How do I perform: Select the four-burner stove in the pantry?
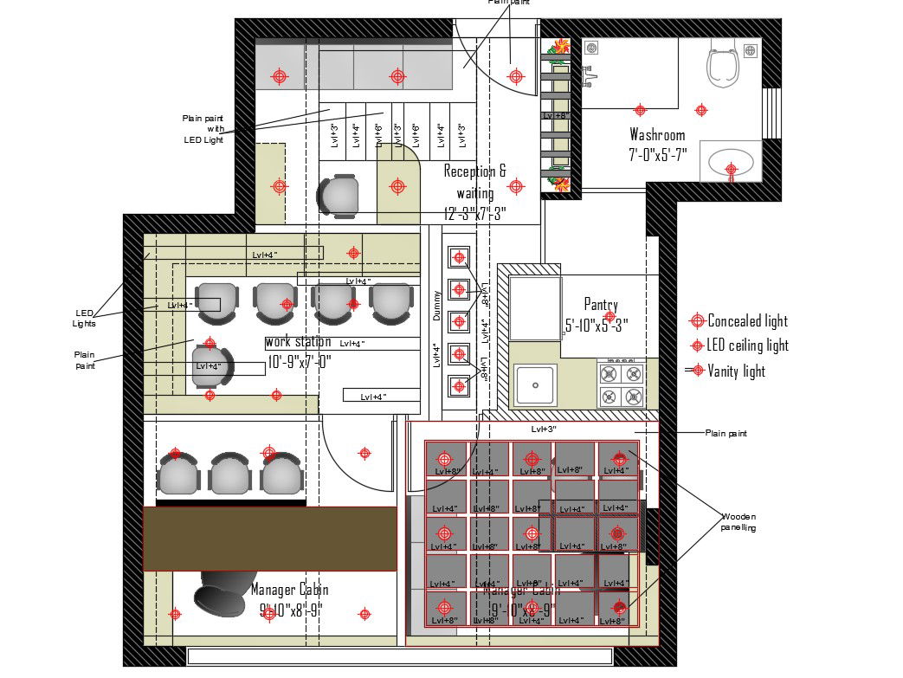622,384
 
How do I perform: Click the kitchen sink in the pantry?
536,384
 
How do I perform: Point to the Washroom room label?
656,135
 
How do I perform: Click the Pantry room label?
601,305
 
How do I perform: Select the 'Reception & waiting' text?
474,182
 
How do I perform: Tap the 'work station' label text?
298,342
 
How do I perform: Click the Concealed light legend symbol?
696,321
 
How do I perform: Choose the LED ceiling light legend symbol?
697,345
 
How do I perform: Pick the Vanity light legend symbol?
696,371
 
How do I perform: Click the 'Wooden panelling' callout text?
738,522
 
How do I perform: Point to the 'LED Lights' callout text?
84,318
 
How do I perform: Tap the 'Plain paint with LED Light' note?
203,128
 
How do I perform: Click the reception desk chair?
338,196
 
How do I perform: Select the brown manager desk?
269,539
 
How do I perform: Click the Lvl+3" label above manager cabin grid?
544,429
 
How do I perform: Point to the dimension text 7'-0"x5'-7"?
658,155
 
